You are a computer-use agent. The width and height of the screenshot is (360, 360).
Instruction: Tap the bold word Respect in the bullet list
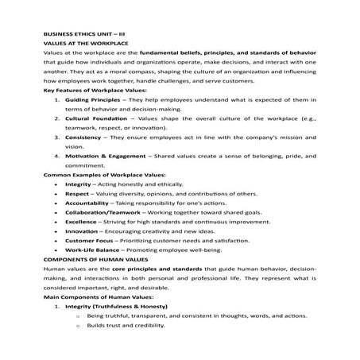[77, 214]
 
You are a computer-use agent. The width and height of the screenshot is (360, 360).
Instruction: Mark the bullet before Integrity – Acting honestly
[54, 203]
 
